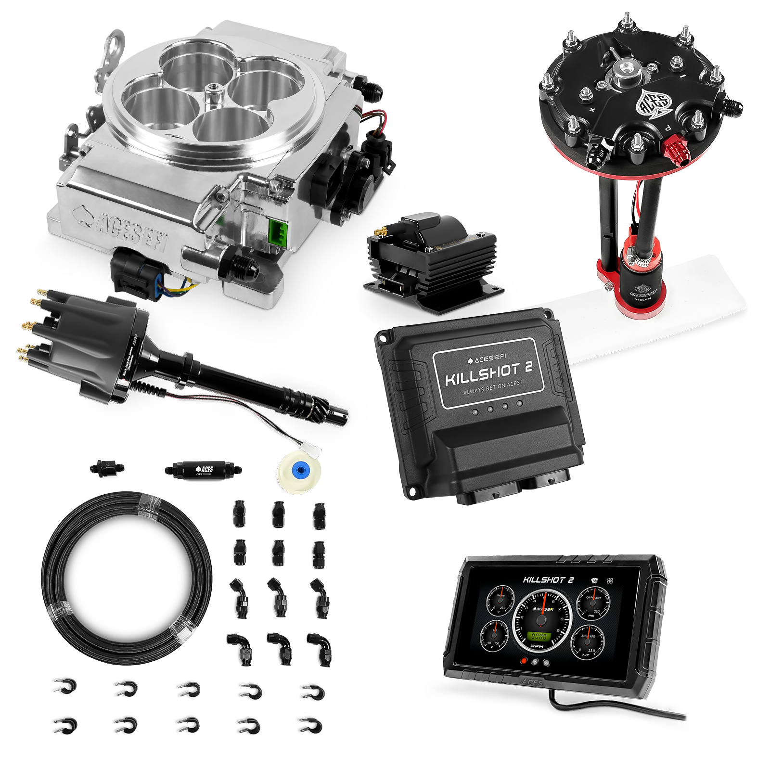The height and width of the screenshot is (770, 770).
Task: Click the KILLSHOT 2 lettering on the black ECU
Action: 488,374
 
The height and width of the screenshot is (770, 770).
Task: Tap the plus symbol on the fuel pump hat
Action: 591,110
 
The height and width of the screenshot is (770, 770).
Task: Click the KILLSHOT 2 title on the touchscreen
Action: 548,580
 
